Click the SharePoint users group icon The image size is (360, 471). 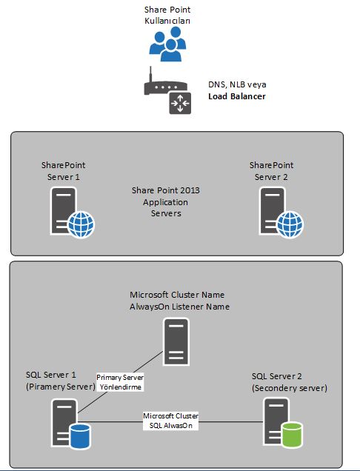point(167,44)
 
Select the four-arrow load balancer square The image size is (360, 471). point(180,104)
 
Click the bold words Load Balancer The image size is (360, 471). point(237,96)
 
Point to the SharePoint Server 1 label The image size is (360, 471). point(64,171)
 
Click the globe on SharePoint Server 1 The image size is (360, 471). point(81,224)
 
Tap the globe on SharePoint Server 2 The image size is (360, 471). point(290,224)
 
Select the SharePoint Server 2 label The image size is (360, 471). point(271,171)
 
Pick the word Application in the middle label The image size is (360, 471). point(166,202)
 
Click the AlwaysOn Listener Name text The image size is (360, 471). point(179,307)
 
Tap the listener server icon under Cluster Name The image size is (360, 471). point(176,342)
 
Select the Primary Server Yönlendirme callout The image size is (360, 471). point(120,382)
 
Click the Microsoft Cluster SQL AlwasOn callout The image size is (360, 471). point(170,421)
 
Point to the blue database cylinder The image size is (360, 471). point(80,436)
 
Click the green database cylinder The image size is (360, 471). point(292,435)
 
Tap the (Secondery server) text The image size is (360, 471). point(290,388)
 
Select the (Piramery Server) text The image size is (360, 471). point(61,387)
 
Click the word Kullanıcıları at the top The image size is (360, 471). point(167,21)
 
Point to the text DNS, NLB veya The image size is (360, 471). point(237,84)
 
